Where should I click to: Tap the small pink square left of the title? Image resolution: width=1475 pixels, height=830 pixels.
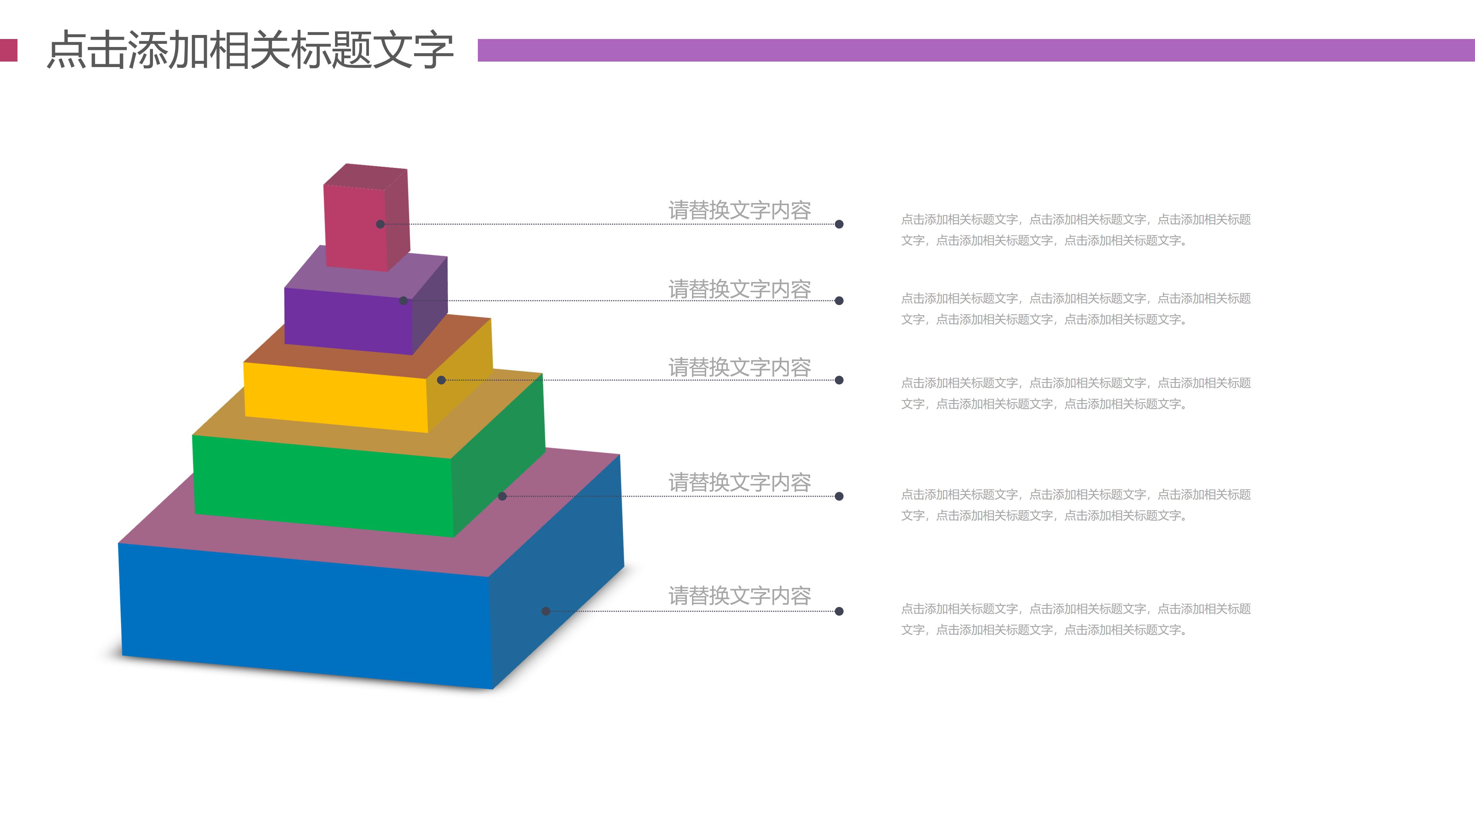click(x=9, y=50)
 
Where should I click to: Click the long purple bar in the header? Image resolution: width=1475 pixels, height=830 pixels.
click(x=973, y=50)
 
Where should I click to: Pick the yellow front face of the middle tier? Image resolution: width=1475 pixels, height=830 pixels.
click(x=335, y=398)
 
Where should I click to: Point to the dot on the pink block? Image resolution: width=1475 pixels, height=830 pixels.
click(x=380, y=224)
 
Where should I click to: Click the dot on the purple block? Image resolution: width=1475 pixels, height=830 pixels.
click(x=404, y=301)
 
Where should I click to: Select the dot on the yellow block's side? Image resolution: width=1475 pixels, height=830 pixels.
click(x=441, y=380)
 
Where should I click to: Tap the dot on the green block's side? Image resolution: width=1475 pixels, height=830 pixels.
click(x=502, y=496)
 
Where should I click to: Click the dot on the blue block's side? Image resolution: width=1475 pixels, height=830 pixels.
click(x=546, y=611)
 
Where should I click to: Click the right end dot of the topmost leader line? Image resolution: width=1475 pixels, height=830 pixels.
click(x=839, y=224)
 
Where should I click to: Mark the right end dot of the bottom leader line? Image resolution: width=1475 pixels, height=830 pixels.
click(x=839, y=611)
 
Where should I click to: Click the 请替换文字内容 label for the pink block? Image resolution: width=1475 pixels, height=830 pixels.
click(x=739, y=210)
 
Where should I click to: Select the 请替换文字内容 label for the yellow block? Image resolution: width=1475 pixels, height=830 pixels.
click(x=739, y=367)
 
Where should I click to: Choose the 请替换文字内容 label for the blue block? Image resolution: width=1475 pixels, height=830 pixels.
click(x=739, y=596)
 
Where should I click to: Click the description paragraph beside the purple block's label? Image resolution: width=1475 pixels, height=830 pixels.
click(x=1075, y=309)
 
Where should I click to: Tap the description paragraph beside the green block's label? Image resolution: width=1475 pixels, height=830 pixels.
click(x=1075, y=505)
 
